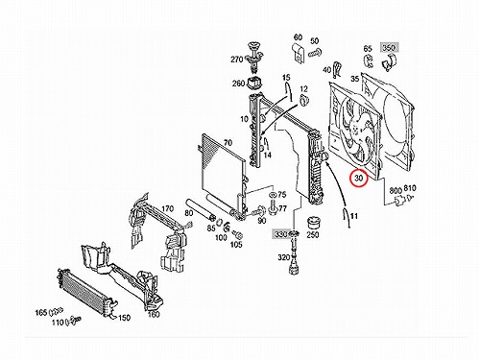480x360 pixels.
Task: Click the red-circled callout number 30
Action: pyautogui.click(x=359, y=179)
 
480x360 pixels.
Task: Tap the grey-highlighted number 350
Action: pyautogui.click(x=389, y=48)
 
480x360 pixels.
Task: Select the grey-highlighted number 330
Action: pyautogui.click(x=280, y=234)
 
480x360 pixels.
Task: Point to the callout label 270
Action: pyautogui.click(x=237, y=60)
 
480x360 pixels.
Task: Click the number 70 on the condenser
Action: pyautogui.click(x=228, y=143)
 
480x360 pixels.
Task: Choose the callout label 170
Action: pyautogui.click(x=167, y=209)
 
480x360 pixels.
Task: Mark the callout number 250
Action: pyautogui.click(x=313, y=234)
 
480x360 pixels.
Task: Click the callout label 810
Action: pyautogui.click(x=410, y=188)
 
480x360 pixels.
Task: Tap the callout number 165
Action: pyautogui.click(x=41, y=312)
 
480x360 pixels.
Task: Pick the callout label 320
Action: pyautogui.click(x=284, y=257)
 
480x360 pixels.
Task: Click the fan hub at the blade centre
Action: pyautogui.click(x=356, y=130)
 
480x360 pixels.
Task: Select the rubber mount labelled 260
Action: pyautogui.click(x=255, y=84)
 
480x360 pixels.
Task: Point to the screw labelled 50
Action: pyautogui.click(x=315, y=53)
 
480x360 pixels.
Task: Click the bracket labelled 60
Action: pyautogui.click(x=298, y=54)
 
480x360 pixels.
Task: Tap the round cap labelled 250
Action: pyautogui.click(x=314, y=223)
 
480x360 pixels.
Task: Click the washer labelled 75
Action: pyautogui.click(x=273, y=195)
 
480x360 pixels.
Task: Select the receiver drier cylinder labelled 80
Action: pyautogui.click(x=200, y=209)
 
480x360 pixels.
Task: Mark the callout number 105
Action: pyautogui.click(x=236, y=245)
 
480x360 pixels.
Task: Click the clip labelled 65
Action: pyautogui.click(x=369, y=61)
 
